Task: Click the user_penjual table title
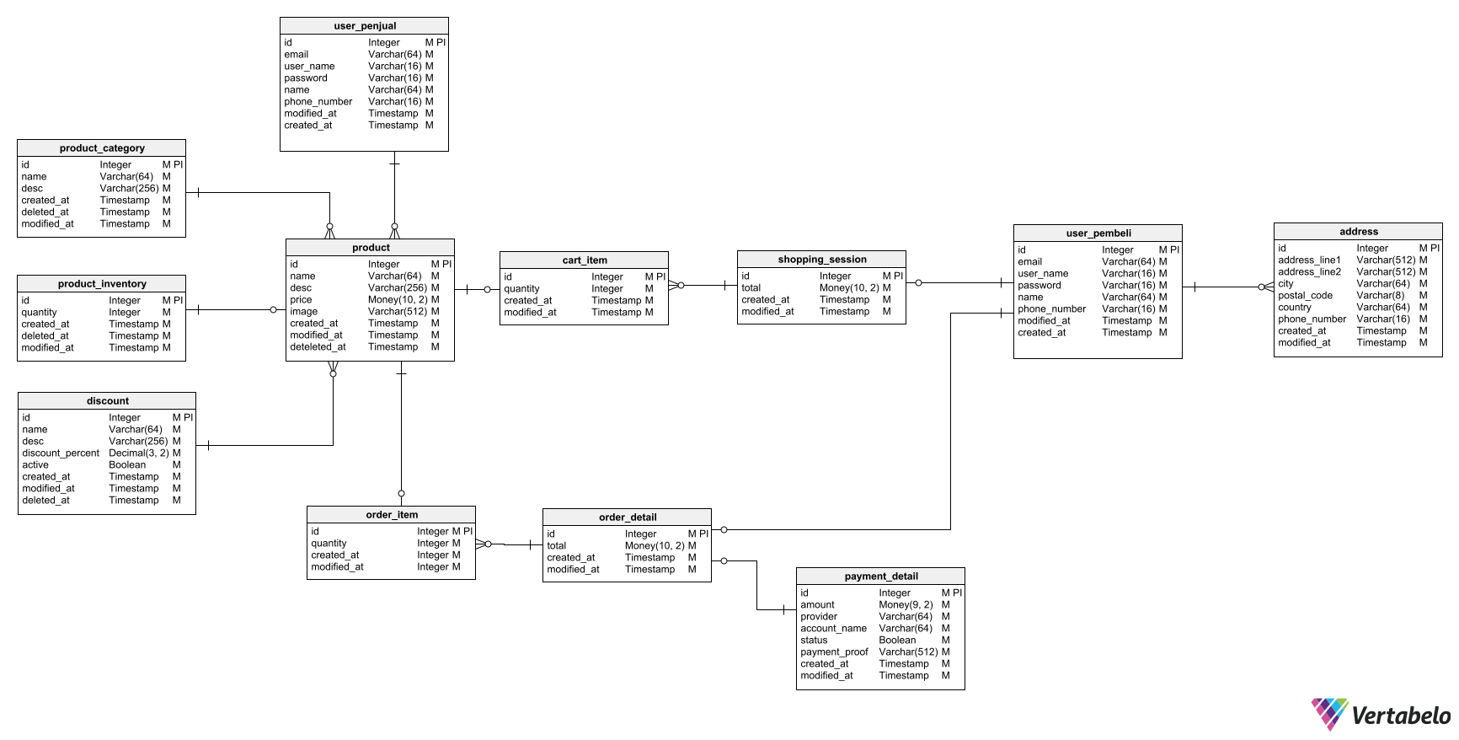pos(365,26)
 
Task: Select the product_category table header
pos(102,148)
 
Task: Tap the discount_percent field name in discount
pos(61,453)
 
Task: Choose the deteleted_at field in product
pos(318,347)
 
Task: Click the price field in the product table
pos(301,300)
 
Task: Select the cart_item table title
pos(585,260)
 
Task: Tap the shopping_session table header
pos(822,260)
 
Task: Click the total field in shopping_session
pos(751,288)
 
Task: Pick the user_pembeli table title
pos(1098,233)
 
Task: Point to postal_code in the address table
pos(1305,296)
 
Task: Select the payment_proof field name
pos(834,652)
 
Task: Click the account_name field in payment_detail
pos(833,629)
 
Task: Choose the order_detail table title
pos(628,517)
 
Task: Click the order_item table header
pos(392,515)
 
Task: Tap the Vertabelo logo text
pos(1400,716)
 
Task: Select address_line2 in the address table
pos(1309,272)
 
